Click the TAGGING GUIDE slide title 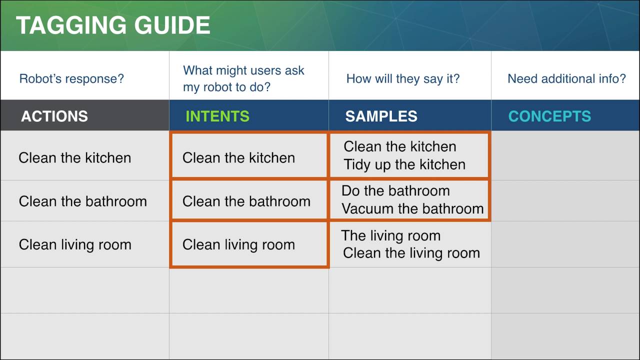(x=113, y=25)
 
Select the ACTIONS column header (x=54, y=116)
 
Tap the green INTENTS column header (x=217, y=116)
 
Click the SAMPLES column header (x=381, y=116)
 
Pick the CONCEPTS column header (x=549, y=116)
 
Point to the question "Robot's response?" (x=71, y=78)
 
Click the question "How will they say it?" (x=402, y=78)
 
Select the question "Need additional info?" (x=566, y=78)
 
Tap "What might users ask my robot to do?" (x=243, y=78)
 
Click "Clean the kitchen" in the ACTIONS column (x=74, y=157)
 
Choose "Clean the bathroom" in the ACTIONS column (x=82, y=201)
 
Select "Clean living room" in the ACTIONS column (x=75, y=244)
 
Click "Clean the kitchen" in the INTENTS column (x=238, y=157)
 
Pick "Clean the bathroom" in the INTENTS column (x=246, y=201)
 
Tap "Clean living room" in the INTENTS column (x=238, y=244)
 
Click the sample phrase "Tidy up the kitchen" (x=404, y=164)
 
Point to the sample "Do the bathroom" (x=395, y=190)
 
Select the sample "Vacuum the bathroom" (x=412, y=208)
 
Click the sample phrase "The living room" (x=390, y=235)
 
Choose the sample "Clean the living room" (x=411, y=253)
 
